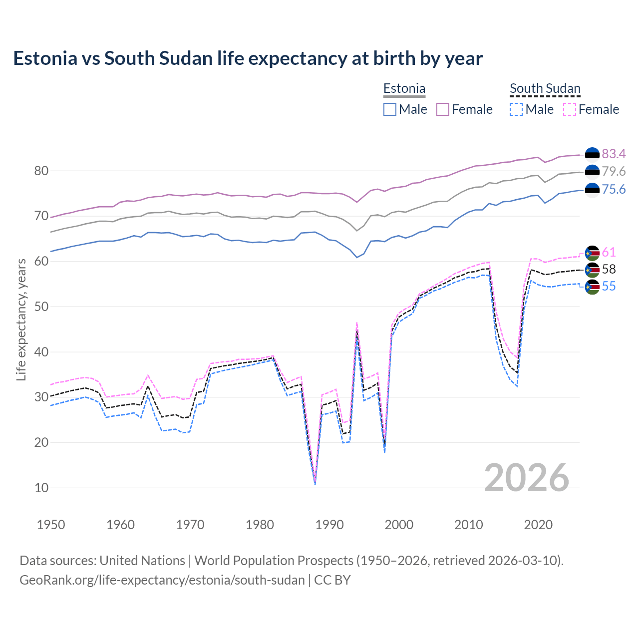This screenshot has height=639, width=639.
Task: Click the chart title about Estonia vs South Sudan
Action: coord(248,58)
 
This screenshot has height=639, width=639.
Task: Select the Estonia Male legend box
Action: coord(390,109)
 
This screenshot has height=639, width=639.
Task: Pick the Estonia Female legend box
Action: coord(443,109)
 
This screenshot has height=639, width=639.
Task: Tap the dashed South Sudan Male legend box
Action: coord(516,109)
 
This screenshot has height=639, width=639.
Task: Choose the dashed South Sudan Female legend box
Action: coord(570,109)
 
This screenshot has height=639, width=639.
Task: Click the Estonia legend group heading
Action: coord(404,89)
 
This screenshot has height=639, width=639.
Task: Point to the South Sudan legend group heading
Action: coord(545,89)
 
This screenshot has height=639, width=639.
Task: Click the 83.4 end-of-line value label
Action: coord(614,154)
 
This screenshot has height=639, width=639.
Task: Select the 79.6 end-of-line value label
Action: coord(614,171)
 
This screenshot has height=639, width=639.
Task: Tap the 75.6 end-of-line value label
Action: coord(614,189)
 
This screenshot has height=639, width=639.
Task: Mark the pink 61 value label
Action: coord(609,252)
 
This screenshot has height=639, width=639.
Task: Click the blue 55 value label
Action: coord(609,286)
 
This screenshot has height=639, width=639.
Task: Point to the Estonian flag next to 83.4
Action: coord(592,154)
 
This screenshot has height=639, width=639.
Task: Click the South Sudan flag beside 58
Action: coord(592,270)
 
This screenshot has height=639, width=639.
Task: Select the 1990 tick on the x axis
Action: coord(329,525)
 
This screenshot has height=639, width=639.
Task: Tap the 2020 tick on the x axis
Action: coord(538,525)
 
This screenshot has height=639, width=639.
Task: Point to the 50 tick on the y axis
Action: coord(41,307)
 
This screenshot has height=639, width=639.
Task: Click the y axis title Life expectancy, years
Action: coord(21,319)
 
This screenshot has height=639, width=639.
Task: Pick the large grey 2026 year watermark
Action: coord(527,478)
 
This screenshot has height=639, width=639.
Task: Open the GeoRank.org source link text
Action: coord(162,580)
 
